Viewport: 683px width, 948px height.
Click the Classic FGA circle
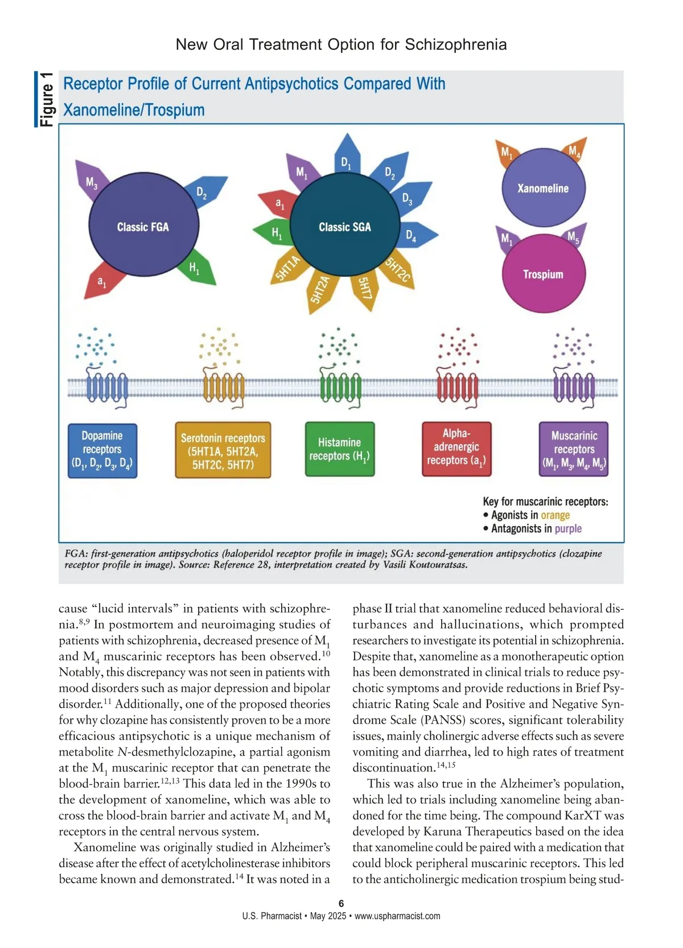143,226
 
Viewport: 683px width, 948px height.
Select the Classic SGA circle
344,226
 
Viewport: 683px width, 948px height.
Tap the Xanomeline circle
543,188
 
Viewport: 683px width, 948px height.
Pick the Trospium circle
543,274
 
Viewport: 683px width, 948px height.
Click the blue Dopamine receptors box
102,450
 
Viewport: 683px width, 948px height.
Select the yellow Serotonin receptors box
223,450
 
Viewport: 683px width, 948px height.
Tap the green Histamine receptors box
340,449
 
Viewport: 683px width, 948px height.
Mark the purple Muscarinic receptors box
574,449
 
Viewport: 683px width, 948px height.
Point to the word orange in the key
555,515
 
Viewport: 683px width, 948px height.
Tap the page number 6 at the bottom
341,903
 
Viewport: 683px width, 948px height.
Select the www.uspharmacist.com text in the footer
397,916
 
